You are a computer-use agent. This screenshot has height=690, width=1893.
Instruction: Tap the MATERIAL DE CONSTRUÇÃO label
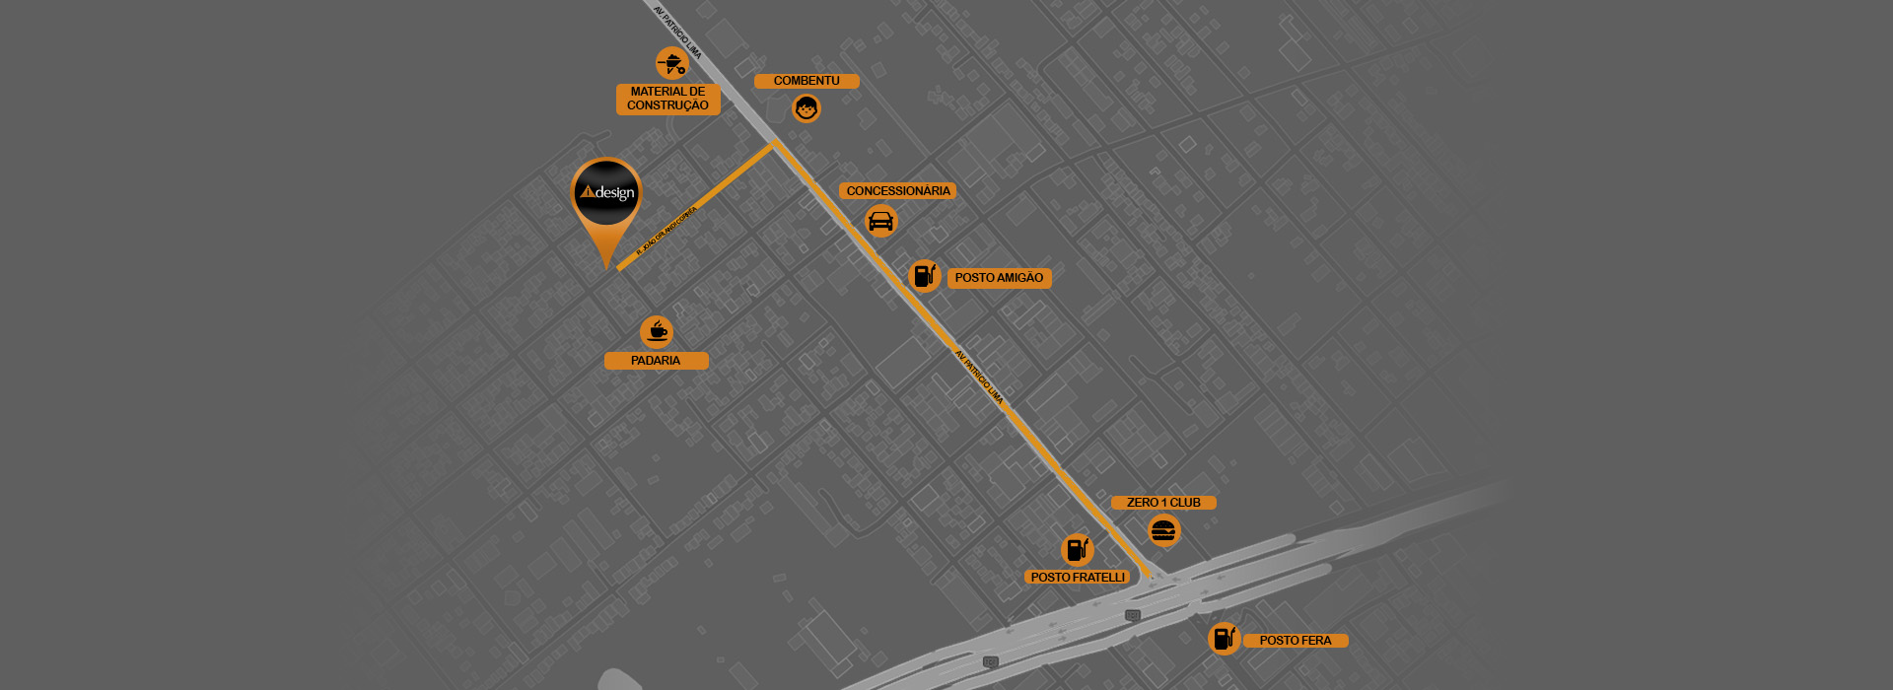click(667, 99)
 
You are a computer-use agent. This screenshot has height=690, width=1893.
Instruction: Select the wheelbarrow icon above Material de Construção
click(672, 64)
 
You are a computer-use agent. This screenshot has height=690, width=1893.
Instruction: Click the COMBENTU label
click(806, 81)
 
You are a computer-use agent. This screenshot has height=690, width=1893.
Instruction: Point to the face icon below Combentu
click(806, 108)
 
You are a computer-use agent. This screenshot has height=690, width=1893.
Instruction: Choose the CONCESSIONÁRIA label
click(897, 191)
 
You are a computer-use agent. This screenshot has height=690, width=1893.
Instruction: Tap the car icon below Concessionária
click(881, 221)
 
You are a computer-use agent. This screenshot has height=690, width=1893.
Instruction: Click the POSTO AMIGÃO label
click(999, 278)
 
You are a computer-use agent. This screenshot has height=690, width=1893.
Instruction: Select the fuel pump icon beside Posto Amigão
click(924, 276)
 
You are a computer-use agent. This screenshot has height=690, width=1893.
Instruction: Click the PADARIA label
click(656, 361)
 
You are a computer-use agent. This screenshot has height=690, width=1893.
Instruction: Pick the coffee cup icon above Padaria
click(657, 331)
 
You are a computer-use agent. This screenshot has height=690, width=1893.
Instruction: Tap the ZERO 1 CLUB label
click(1163, 503)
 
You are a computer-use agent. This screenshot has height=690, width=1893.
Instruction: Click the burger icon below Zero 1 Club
click(1163, 531)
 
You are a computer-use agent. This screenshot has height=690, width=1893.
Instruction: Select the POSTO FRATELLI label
click(1078, 578)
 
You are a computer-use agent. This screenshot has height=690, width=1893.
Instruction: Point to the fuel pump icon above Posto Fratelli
click(1077, 549)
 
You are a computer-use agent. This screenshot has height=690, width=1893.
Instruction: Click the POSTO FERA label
click(1295, 641)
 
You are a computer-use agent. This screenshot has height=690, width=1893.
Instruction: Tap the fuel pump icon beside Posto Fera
click(1224, 638)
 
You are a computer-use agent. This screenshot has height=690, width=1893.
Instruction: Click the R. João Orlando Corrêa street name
click(666, 231)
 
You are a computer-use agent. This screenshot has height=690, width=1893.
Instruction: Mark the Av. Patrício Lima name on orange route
click(979, 377)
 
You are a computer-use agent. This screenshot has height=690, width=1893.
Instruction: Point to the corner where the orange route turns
click(775, 144)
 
